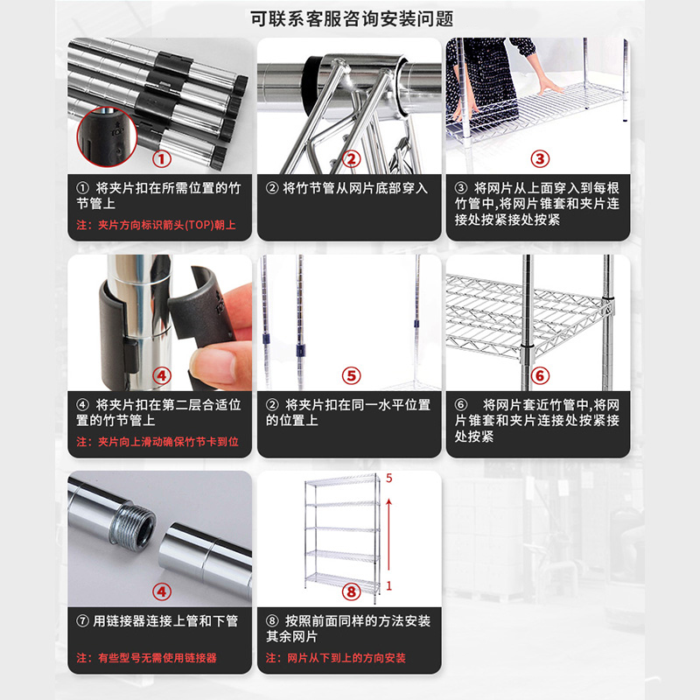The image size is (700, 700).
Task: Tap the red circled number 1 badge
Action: [160, 159]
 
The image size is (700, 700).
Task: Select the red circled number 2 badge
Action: [351, 159]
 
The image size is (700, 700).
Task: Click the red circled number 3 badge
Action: [540, 159]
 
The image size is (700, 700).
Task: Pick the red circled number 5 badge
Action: [351, 375]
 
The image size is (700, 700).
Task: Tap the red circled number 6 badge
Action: [540, 375]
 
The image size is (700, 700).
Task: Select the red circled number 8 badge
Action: [351, 592]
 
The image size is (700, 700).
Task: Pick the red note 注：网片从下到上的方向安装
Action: [335, 658]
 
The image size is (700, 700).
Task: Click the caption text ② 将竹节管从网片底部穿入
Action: [347, 187]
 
